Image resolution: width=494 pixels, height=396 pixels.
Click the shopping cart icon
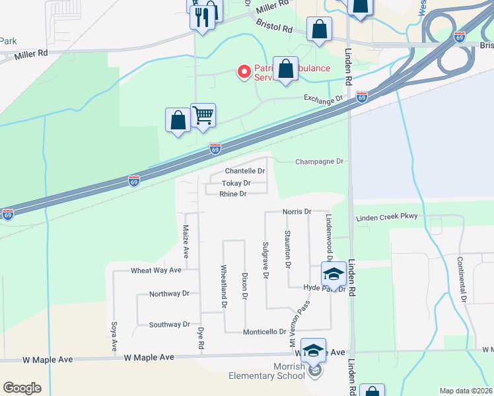click(x=203, y=115)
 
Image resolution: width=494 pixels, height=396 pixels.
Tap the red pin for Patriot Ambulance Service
click(x=244, y=71)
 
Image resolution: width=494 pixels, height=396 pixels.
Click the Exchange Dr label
click(x=324, y=99)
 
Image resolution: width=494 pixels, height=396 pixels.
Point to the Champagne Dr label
click(x=320, y=161)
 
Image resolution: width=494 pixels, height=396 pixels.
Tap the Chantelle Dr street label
click(x=245, y=171)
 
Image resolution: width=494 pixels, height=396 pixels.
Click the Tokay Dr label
click(x=236, y=183)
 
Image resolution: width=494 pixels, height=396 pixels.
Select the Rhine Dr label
click(x=233, y=194)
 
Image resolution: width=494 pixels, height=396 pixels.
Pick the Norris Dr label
click(x=297, y=212)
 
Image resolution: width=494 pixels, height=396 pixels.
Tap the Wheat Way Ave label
click(x=156, y=271)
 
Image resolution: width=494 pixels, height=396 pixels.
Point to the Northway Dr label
click(x=169, y=294)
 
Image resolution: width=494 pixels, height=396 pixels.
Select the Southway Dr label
click(x=169, y=325)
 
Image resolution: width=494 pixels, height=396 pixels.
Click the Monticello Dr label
click(x=264, y=332)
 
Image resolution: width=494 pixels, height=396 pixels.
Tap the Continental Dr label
click(x=464, y=280)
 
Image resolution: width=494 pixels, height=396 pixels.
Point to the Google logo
click(x=22, y=388)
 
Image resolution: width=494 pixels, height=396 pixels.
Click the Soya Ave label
click(x=114, y=336)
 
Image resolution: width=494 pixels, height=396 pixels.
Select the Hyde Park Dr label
click(x=325, y=288)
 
